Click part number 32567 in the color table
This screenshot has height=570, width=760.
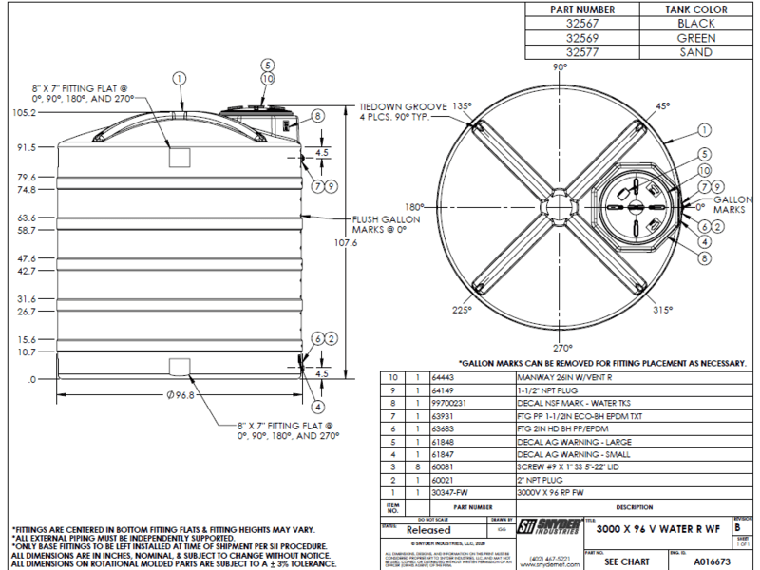(x=583, y=23)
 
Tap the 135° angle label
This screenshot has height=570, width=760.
(x=462, y=105)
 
